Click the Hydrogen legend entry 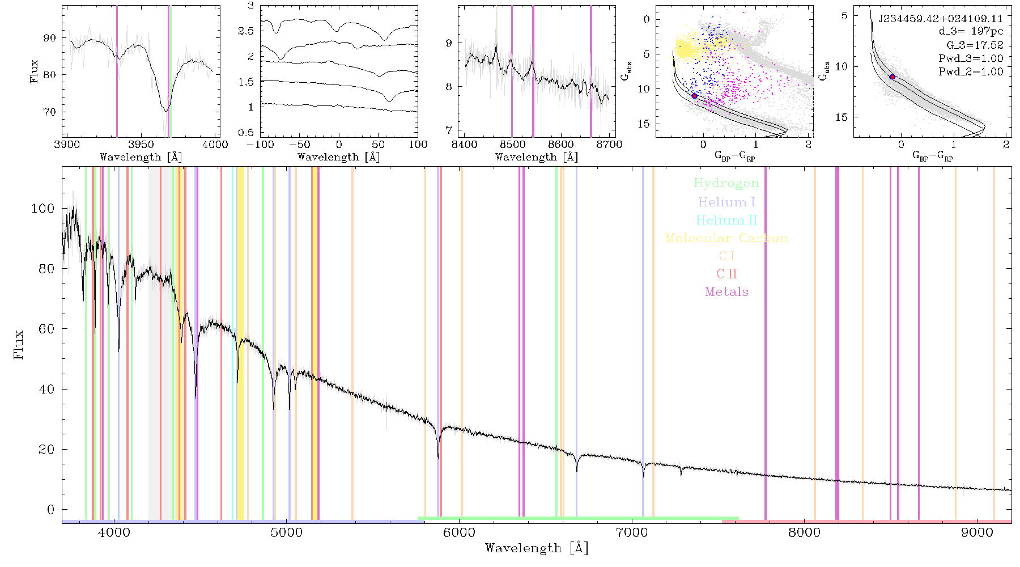(x=726, y=183)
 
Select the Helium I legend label (x=726, y=202)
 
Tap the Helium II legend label (x=726, y=220)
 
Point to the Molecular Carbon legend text (x=726, y=238)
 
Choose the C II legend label (x=726, y=274)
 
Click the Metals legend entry (x=726, y=292)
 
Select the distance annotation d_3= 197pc (x=971, y=32)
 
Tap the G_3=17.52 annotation (x=975, y=45)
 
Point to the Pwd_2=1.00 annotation (x=971, y=71)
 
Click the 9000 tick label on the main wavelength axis (x=977, y=533)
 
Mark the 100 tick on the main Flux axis (x=43, y=209)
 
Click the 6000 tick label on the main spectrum (x=460, y=533)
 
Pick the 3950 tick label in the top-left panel (x=141, y=144)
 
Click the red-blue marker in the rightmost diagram (x=892, y=77)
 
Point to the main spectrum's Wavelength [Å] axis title (x=537, y=548)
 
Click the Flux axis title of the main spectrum (x=19, y=344)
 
